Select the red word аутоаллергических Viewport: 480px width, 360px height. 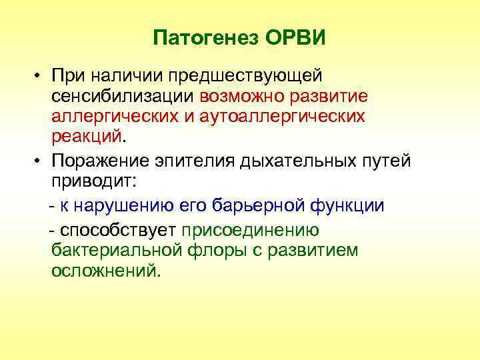tap(289, 117)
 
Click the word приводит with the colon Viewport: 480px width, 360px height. tap(93, 183)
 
